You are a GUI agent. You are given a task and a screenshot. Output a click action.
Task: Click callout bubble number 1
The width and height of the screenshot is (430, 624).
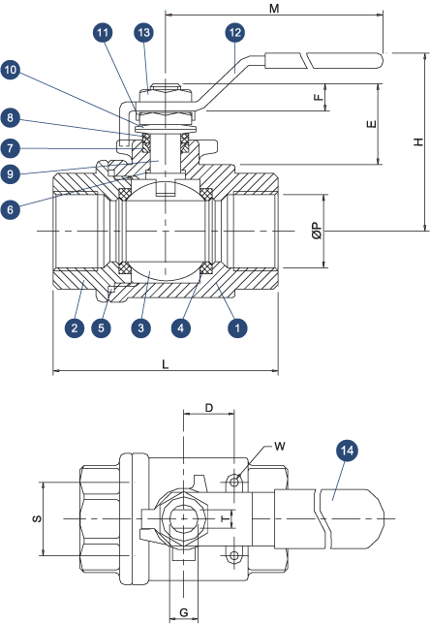click(x=234, y=328)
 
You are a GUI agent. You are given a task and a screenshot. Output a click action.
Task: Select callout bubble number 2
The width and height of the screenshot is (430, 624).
click(x=74, y=328)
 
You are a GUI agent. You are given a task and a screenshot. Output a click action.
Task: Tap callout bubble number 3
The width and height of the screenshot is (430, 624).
click(x=141, y=328)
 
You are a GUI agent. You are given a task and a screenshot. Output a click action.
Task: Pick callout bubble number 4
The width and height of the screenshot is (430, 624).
click(x=180, y=328)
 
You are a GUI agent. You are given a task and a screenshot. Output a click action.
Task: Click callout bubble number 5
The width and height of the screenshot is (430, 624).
click(x=102, y=328)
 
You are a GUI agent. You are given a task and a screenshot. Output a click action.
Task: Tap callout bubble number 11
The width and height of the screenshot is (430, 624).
click(x=104, y=32)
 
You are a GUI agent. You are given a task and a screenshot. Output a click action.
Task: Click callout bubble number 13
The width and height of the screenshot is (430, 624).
click(x=144, y=32)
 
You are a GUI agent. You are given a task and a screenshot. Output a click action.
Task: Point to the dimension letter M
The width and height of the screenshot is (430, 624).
click(x=274, y=9)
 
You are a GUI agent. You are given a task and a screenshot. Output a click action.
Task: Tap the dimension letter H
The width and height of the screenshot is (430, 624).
click(x=417, y=143)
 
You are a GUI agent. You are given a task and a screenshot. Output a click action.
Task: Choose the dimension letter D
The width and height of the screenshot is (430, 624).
click(x=210, y=409)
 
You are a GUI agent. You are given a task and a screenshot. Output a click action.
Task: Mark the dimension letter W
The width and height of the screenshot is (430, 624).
click(x=280, y=447)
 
